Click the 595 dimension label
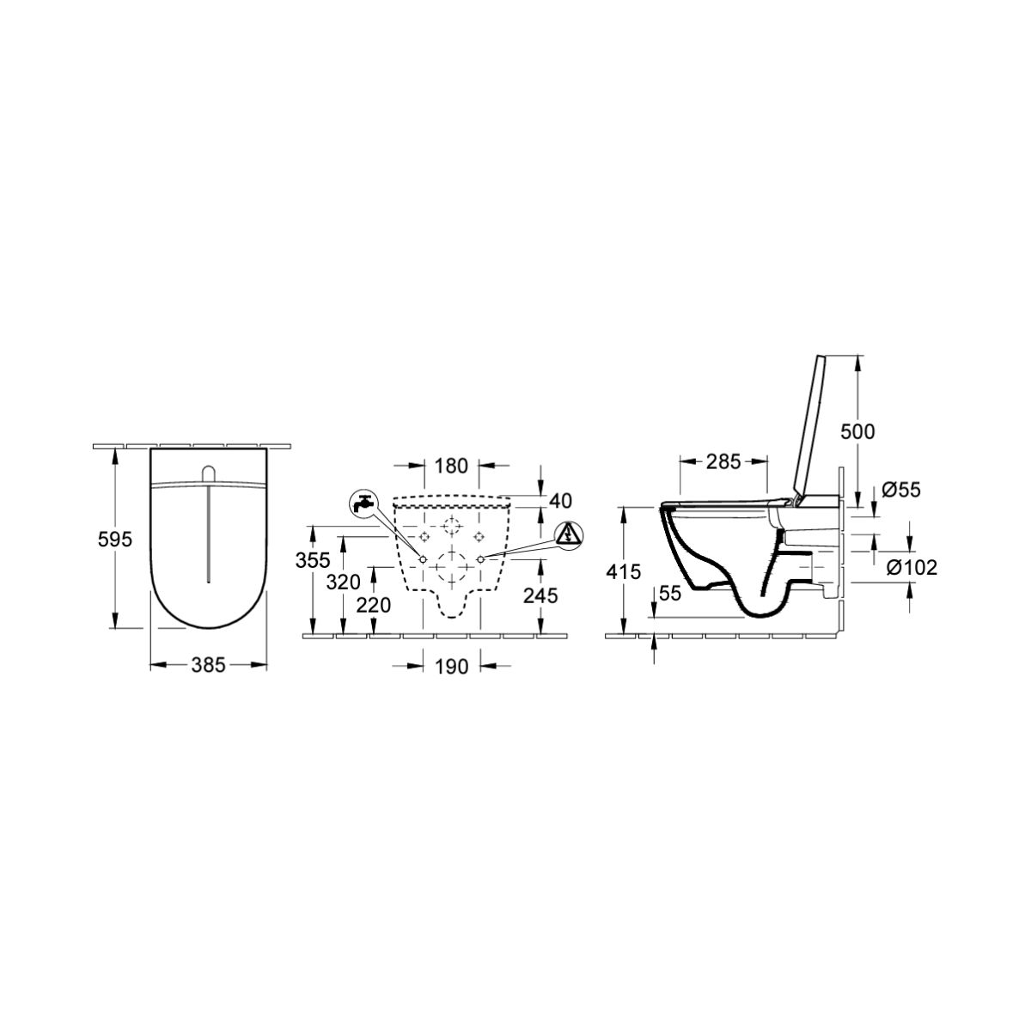(x=114, y=540)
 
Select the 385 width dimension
(x=208, y=665)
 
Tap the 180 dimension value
(x=452, y=466)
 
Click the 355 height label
(x=313, y=560)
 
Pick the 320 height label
(x=344, y=583)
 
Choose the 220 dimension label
(x=374, y=605)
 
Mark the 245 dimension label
(x=540, y=595)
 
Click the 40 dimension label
(x=561, y=501)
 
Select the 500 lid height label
(x=857, y=431)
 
